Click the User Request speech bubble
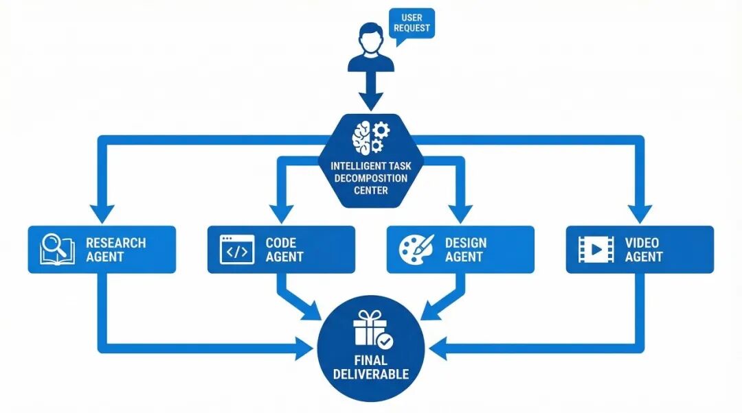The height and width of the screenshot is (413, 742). pyautogui.click(x=412, y=23)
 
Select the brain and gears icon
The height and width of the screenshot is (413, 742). pyautogui.click(x=370, y=137)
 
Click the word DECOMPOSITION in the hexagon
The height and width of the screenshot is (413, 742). pyautogui.click(x=370, y=178)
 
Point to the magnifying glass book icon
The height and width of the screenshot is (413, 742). pyautogui.click(x=57, y=249)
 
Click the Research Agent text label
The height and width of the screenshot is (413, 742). pyautogui.click(x=115, y=250)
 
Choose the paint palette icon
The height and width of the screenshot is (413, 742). pyautogui.click(x=416, y=250)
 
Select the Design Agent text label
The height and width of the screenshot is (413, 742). pyautogui.click(x=466, y=250)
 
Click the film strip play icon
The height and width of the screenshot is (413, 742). pyautogui.click(x=596, y=250)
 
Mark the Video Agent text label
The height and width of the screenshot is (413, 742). pyautogui.click(x=644, y=250)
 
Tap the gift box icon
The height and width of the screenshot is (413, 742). pyautogui.click(x=370, y=329)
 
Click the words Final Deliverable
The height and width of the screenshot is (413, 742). pyautogui.click(x=370, y=367)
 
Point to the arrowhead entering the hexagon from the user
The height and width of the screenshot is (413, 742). pyautogui.click(x=371, y=101)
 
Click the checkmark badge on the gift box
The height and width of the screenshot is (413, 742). pyautogui.click(x=385, y=340)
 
